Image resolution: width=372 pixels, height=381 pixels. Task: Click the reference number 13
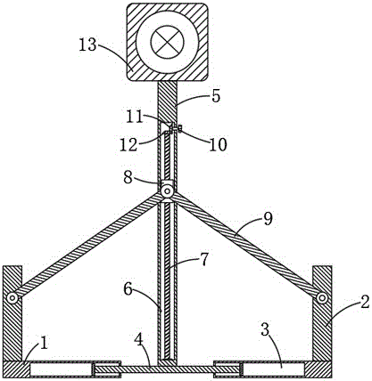coord(88,45)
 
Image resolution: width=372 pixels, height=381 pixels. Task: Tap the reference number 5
coord(216,96)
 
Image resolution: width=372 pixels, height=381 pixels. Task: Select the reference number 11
coord(136,118)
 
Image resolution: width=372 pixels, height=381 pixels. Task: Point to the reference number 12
coord(128,145)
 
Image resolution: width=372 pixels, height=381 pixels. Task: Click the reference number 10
coord(218,145)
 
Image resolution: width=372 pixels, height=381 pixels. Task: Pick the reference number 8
coord(128,178)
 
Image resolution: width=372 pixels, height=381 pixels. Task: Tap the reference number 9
coord(268,220)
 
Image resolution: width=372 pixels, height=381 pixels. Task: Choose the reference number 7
coord(204,259)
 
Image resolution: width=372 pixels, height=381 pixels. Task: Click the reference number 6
coord(128,289)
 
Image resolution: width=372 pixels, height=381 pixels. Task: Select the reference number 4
coord(138,341)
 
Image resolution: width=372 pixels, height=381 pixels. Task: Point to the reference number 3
coord(266,330)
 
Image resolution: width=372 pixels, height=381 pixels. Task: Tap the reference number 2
coord(365,302)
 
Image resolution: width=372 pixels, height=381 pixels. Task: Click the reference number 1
coord(44,344)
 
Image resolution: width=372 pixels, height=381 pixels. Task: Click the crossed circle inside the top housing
coord(167,42)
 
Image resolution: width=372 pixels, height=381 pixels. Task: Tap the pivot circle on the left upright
coord(12,298)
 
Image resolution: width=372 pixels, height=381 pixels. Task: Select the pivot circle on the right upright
coord(322,298)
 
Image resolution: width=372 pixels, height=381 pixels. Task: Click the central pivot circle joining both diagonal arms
coord(167,191)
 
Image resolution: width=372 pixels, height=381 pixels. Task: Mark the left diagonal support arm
coord(87,245)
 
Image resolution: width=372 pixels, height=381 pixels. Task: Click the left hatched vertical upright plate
coord(12,313)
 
